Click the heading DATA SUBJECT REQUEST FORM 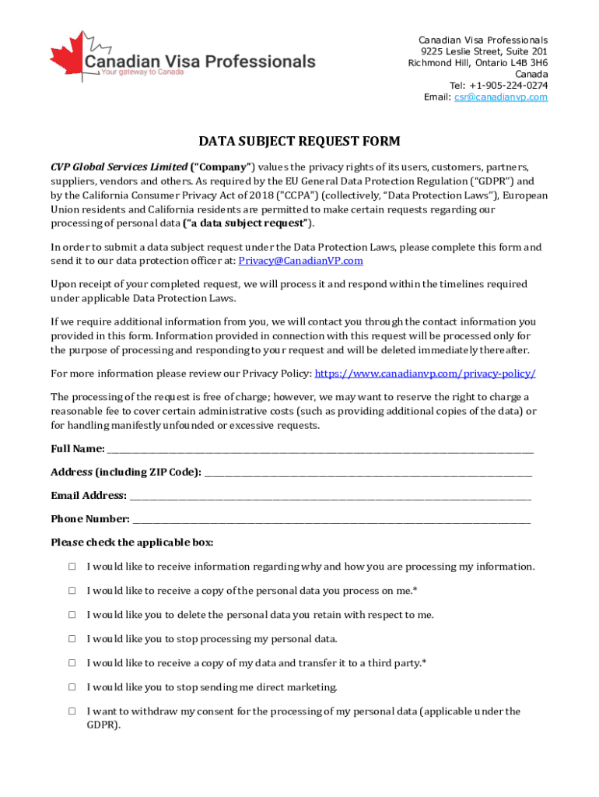(x=299, y=142)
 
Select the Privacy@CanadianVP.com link (x=300, y=261)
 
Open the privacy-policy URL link (x=425, y=374)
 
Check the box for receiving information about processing (x=72, y=567)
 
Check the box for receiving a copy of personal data (x=72, y=591)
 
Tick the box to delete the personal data (x=72, y=615)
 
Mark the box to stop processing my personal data (x=72, y=639)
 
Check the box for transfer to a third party (x=72, y=663)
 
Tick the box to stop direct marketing (x=72, y=687)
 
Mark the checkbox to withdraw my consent (x=72, y=711)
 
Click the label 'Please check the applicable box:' (x=131, y=542)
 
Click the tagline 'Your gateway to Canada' (x=142, y=72)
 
